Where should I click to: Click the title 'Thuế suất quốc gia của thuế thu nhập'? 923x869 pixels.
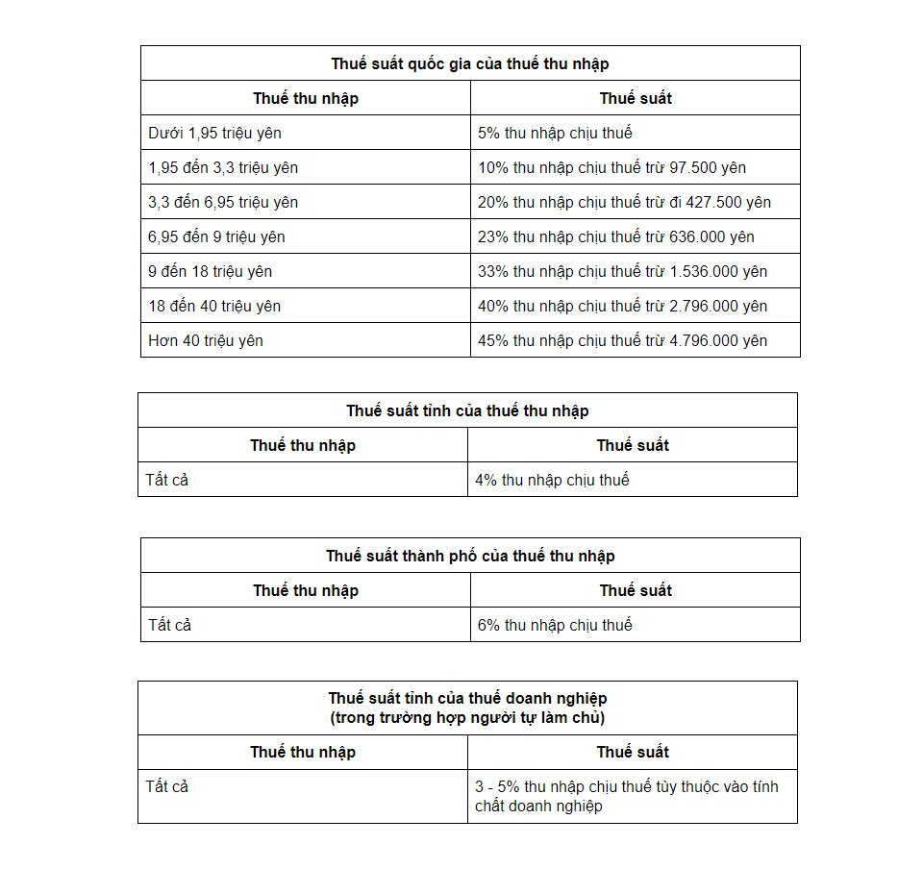(x=470, y=63)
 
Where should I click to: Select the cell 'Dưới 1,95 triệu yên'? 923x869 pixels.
(x=214, y=133)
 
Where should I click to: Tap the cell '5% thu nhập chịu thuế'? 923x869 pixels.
(x=555, y=133)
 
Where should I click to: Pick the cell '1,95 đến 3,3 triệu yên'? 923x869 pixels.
(x=223, y=167)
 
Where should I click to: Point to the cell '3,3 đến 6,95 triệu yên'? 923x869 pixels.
(x=223, y=202)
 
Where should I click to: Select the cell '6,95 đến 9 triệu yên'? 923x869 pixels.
(x=216, y=236)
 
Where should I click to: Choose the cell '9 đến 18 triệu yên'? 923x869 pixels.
(x=210, y=271)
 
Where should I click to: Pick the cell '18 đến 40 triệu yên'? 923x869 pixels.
(x=214, y=306)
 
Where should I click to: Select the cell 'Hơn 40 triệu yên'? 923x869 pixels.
(x=206, y=340)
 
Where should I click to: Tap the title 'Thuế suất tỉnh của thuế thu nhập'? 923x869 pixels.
(x=467, y=410)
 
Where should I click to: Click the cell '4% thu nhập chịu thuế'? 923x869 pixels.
(x=552, y=480)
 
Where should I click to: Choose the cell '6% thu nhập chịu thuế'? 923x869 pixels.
(x=555, y=625)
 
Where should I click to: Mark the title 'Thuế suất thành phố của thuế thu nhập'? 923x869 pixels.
(x=470, y=556)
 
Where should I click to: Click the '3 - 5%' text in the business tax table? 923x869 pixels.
(x=496, y=786)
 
